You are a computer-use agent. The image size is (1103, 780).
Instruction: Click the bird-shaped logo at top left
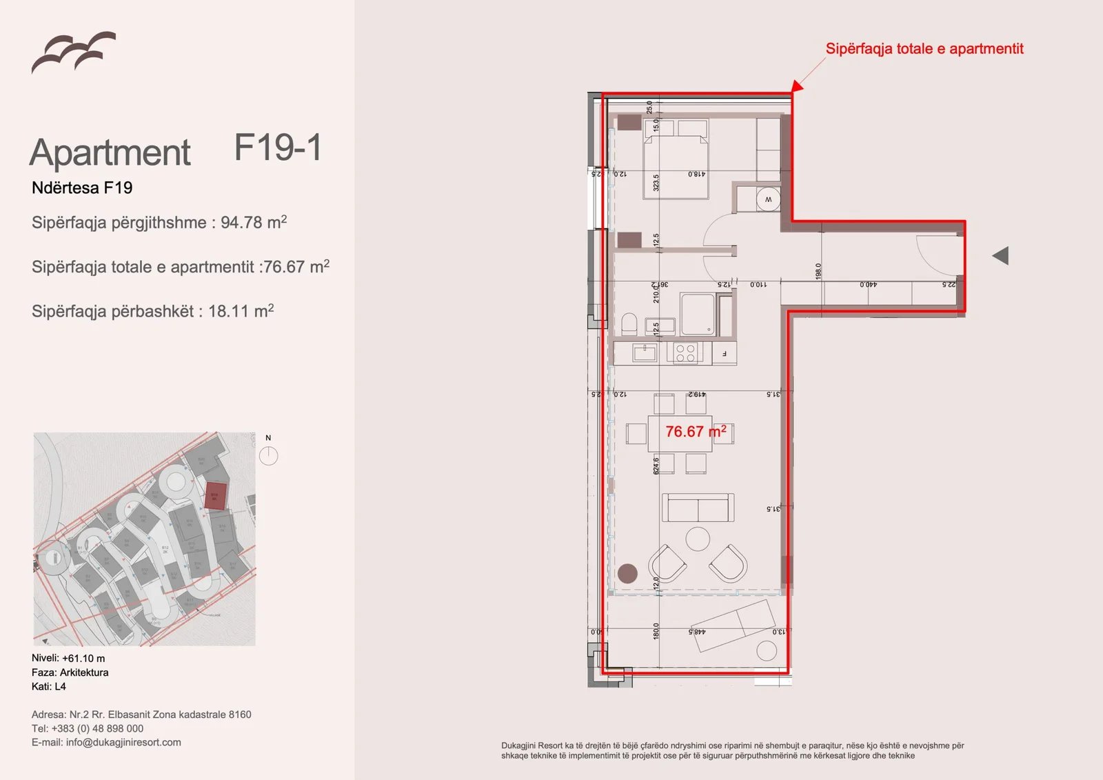[73, 52]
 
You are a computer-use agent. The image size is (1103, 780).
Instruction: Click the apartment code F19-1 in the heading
[278, 148]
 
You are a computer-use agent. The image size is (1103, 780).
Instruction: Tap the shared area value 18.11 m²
[241, 311]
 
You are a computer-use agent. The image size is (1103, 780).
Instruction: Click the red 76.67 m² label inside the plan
[695, 432]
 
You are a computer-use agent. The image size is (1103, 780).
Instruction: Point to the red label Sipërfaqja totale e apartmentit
[924, 49]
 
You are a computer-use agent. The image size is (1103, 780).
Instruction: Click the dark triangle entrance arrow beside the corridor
[1001, 256]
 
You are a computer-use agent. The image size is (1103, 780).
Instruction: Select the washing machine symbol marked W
[768, 200]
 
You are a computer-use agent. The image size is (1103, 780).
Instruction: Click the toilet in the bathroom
[629, 324]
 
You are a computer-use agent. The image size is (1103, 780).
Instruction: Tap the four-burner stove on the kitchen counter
[685, 353]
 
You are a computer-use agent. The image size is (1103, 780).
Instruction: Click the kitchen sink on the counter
[645, 353]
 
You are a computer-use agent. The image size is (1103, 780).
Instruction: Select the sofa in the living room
[698, 508]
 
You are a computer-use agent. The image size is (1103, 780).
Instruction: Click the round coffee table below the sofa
[698, 539]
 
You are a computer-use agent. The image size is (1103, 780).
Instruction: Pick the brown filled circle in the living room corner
[627, 573]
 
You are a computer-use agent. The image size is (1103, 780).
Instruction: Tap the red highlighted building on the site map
[215, 496]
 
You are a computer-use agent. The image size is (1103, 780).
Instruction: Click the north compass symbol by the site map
[268, 455]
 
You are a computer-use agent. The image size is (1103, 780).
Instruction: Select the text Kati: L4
[49, 686]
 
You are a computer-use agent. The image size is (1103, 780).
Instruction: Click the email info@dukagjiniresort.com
[123, 742]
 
